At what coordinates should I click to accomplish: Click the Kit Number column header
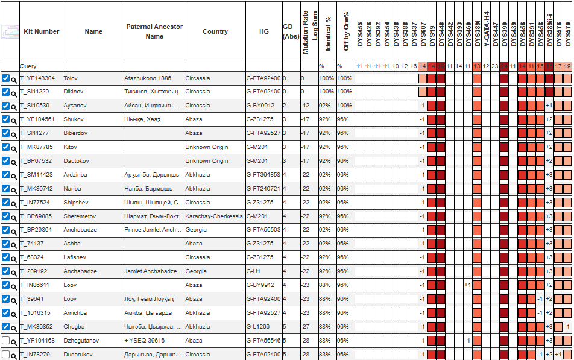41,31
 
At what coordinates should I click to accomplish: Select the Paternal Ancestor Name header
154,31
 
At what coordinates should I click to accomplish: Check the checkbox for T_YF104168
5,341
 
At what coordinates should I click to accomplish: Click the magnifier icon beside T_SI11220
14,92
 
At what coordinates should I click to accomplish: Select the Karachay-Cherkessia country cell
214,216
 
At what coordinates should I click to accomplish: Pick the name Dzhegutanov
82,341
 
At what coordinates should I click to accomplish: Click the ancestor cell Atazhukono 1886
148,78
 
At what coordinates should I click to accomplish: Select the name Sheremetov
80,216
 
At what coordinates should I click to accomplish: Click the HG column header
263,31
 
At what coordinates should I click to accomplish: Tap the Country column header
215,31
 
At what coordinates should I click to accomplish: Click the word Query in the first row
28,66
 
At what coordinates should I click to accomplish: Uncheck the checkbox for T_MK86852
5,327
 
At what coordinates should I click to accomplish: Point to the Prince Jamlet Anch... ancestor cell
153,230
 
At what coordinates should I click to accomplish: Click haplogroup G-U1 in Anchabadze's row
253,271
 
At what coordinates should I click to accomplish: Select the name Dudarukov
78,355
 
